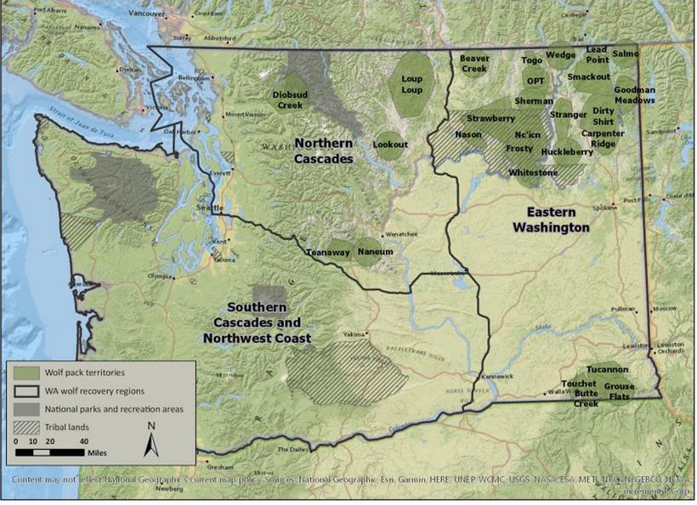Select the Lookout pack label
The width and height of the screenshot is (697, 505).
pos(390,145)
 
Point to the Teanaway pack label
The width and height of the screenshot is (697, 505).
pos(328,252)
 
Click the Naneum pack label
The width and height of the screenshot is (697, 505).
pos(375,252)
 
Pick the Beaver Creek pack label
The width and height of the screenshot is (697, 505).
pos(473,63)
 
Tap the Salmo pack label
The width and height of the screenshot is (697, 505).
pos(625,54)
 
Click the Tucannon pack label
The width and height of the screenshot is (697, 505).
pos(607,370)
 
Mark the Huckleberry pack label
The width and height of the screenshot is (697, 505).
pos(567,152)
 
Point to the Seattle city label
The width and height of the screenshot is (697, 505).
pos(210,208)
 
